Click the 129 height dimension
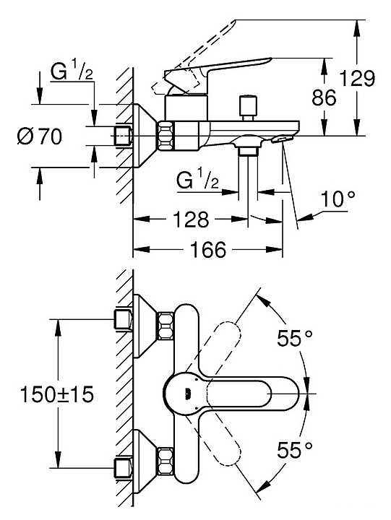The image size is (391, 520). (358, 79)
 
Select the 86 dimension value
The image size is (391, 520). (324, 97)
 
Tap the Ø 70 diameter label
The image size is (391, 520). (40, 136)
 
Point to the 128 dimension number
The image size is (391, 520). (192, 220)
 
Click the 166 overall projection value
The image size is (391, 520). (208, 250)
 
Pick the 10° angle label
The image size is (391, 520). (338, 199)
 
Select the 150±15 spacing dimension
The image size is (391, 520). (57, 394)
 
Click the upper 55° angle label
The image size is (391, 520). (295, 339)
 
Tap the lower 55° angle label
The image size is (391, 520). (295, 450)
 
